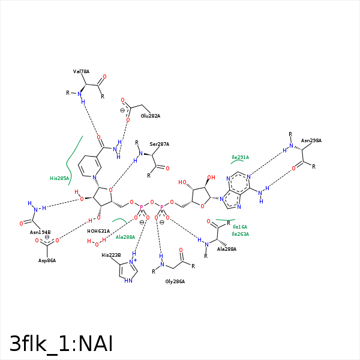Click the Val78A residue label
[x=81, y=71]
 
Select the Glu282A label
[x=151, y=116]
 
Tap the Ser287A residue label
[x=160, y=144]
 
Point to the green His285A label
[x=59, y=178]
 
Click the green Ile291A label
[x=240, y=157]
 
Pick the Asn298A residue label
[x=311, y=140]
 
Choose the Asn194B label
[x=40, y=232]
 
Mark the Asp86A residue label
[x=47, y=260]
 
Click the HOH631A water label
[x=98, y=231]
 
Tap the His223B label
[x=111, y=255]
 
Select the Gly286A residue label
[x=175, y=281]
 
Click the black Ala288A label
[x=227, y=249]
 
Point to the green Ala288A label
[x=125, y=237]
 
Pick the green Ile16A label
[x=240, y=227]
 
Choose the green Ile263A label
[x=240, y=234]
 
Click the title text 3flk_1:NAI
[x=61, y=344]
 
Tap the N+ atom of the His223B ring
[x=133, y=262]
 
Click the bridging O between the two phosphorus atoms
[x=152, y=202]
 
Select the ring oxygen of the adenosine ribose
[x=202, y=206]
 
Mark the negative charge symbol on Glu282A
[x=122, y=110]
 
